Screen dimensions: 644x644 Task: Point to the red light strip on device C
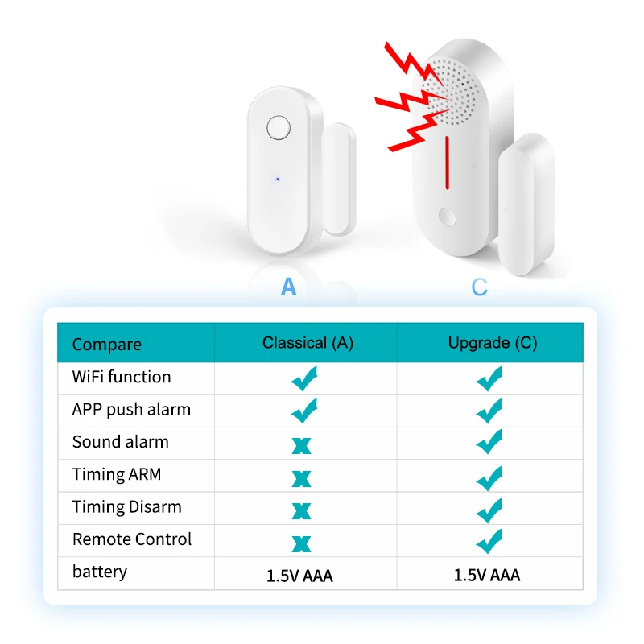[447, 161]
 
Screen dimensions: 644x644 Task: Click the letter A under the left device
[288, 287]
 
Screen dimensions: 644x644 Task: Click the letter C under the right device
[479, 287]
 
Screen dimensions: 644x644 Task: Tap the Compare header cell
[106, 345]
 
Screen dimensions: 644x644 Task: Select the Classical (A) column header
[308, 343]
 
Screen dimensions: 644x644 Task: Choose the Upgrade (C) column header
[492, 343]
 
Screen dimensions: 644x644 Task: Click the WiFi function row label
[122, 377]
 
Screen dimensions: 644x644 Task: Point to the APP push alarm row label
[131, 410]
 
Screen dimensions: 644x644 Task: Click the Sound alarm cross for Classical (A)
[302, 444]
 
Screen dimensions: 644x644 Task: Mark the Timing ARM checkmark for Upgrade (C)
[489, 477]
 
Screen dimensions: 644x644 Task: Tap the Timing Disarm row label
[127, 507]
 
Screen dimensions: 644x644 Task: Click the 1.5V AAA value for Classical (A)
[299, 576]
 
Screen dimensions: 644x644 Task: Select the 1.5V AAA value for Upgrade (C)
[487, 576]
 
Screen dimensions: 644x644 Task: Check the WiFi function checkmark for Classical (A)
[304, 378]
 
